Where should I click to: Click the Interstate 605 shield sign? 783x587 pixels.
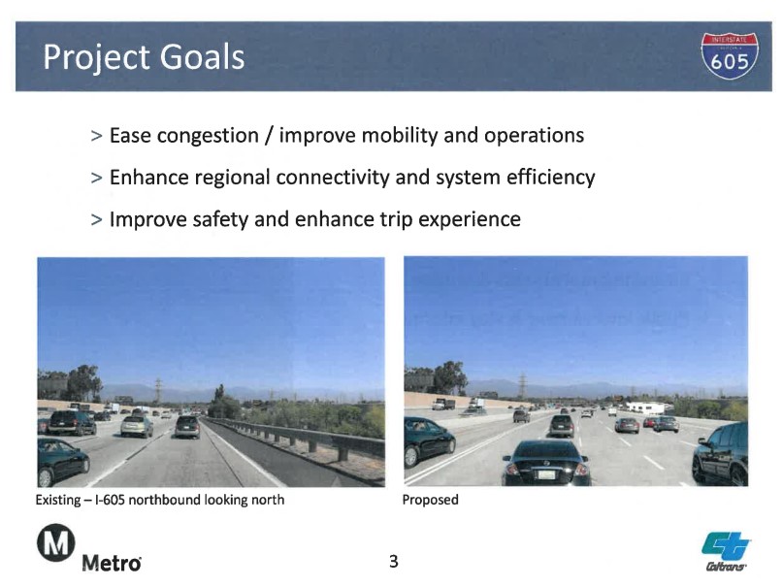tap(729, 56)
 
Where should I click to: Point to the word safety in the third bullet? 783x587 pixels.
tap(220, 219)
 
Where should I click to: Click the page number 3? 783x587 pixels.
tap(394, 562)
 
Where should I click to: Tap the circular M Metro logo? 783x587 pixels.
tap(56, 542)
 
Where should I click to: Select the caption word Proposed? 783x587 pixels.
tap(431, 500)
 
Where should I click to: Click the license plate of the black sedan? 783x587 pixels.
tap(546, 474)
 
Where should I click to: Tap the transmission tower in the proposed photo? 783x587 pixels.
tap(522, 386)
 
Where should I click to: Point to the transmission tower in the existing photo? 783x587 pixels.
tap(158, 390)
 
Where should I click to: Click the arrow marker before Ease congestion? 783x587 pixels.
tap(96, 136)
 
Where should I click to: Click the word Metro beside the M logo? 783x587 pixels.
tap(112, 563)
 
